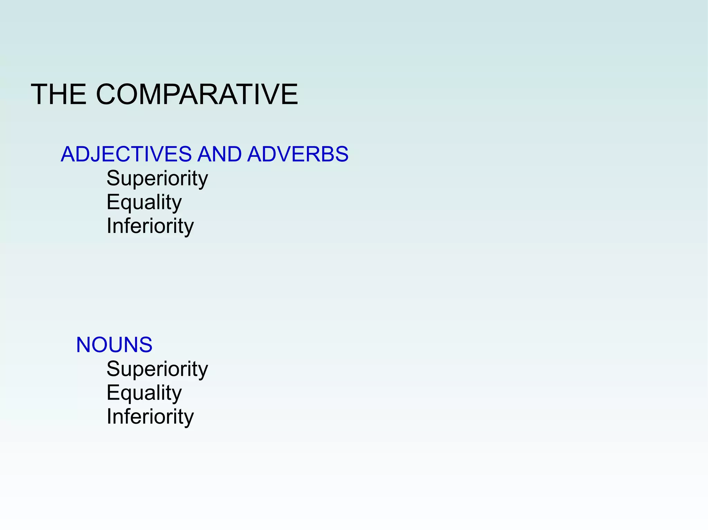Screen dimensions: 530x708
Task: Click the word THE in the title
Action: tap(58, 94)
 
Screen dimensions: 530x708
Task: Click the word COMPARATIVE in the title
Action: tap(197, 94)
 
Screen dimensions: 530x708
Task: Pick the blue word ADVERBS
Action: tap(298, 154)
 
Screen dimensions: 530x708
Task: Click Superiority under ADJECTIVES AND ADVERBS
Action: tap(157, 179)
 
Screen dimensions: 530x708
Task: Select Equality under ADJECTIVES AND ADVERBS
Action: tap(144, 202)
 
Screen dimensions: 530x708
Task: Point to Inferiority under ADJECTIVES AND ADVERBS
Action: tap(150, 226)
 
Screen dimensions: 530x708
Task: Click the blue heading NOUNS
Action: tap(114, 345)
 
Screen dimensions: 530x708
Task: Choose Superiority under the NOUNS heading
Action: tap(157, 369)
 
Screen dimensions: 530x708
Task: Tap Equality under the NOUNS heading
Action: tap(144, 393)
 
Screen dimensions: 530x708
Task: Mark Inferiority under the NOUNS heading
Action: tap(150, 417)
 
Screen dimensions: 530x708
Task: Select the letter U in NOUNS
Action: tap(119, 345)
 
